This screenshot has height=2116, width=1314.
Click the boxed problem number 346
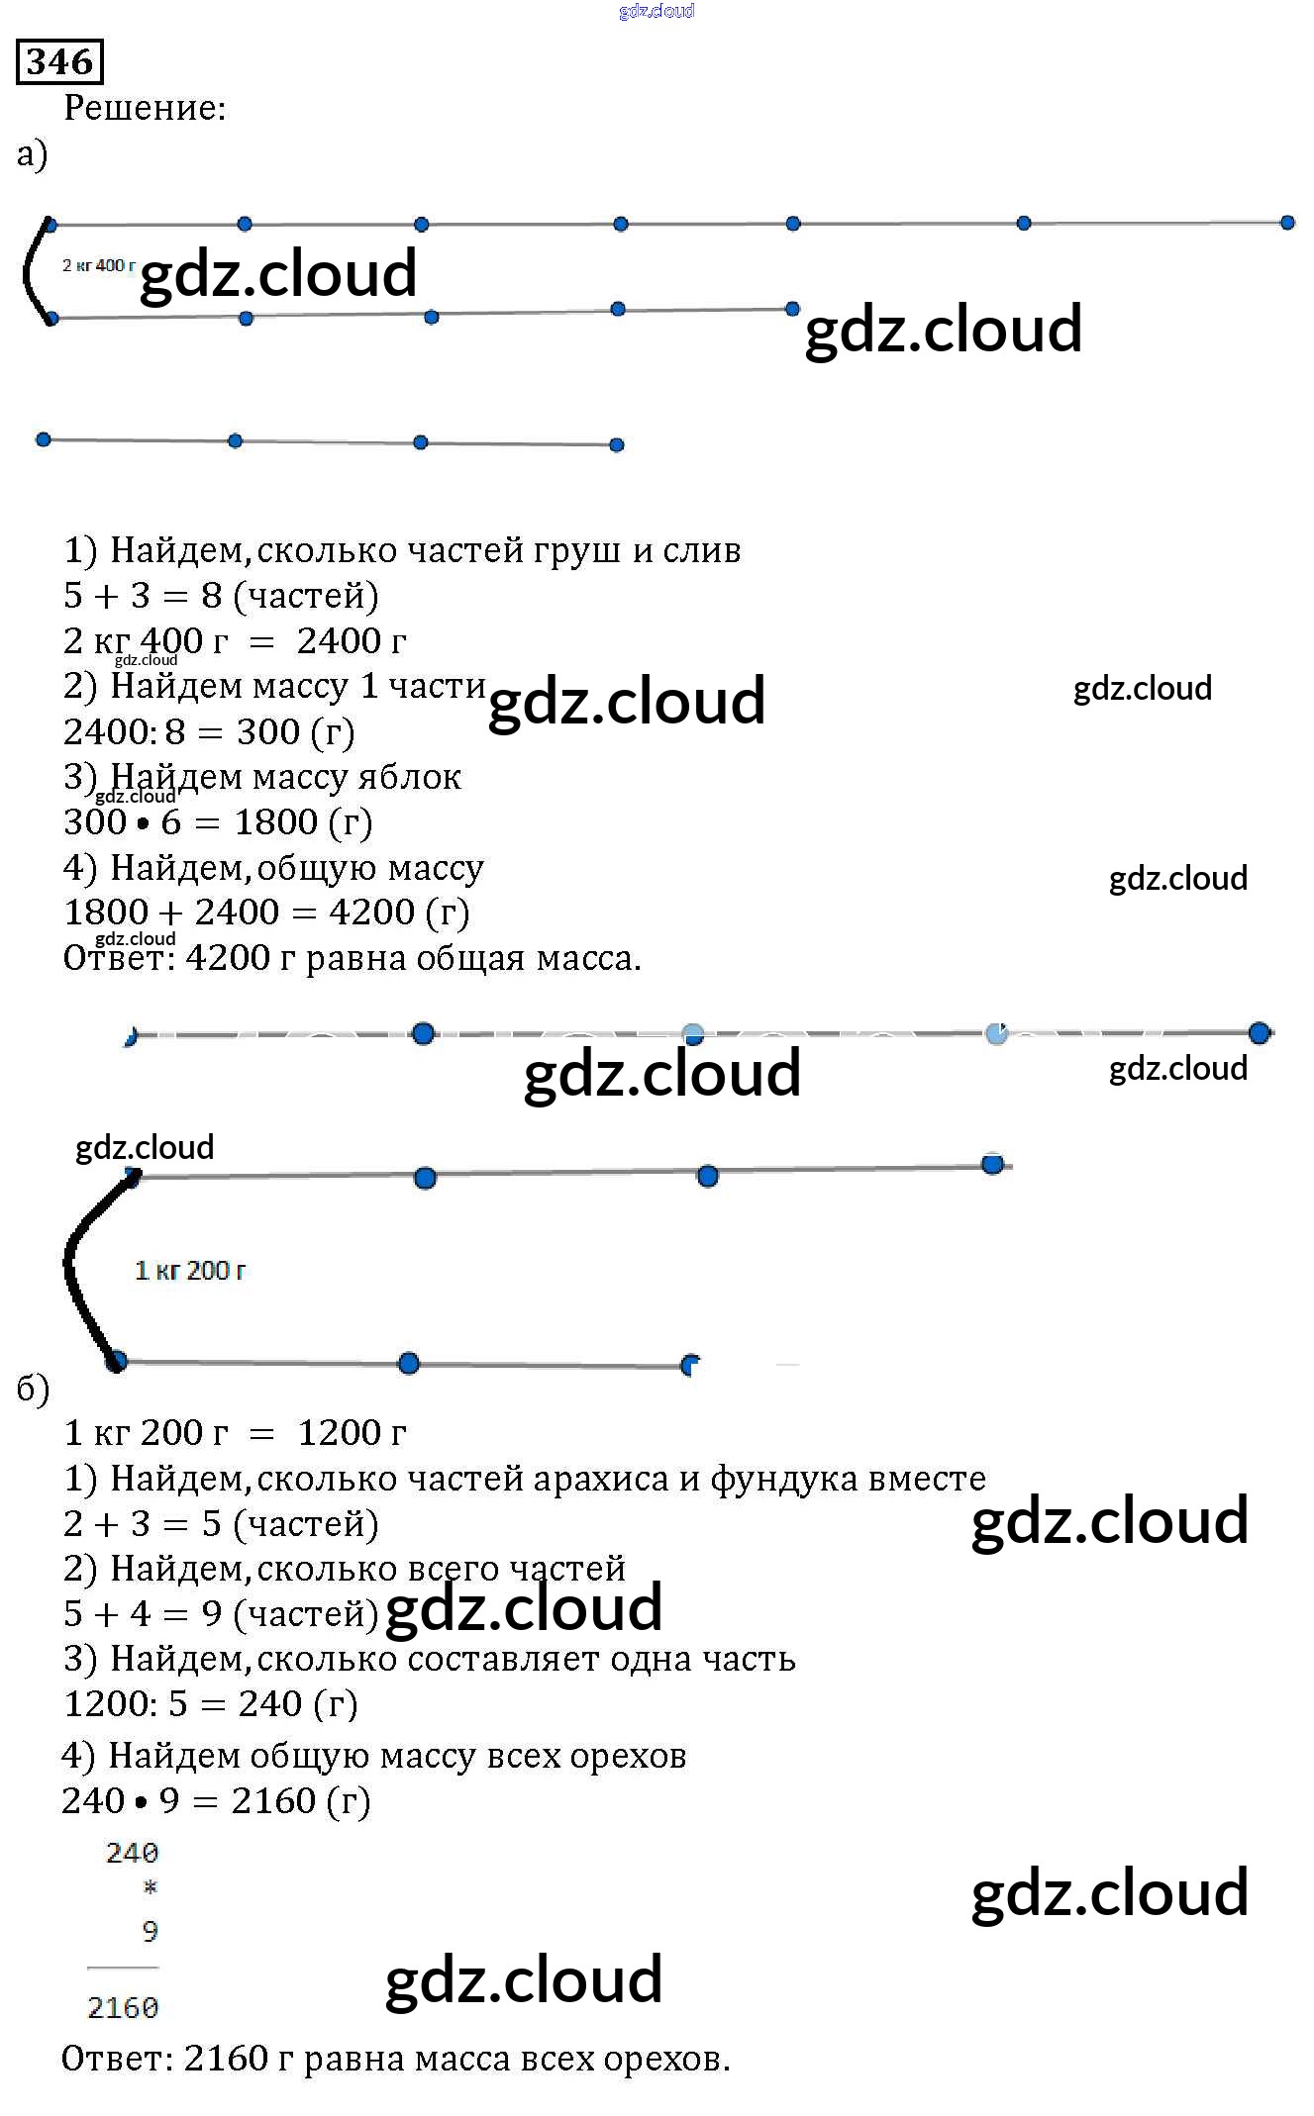59,61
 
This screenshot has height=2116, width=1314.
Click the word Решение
144,108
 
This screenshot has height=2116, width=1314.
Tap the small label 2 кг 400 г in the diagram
98,265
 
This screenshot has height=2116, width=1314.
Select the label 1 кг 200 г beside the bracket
189,1270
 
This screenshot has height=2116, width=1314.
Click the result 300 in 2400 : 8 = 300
267,731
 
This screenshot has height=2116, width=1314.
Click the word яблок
409,777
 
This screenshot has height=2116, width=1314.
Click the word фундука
783,1478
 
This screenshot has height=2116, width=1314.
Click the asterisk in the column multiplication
150,1887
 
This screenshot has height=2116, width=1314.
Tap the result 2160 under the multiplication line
123,2007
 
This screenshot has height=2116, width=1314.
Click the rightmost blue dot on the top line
1287,223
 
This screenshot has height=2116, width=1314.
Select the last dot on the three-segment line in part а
616,444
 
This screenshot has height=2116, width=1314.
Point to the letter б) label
33,1389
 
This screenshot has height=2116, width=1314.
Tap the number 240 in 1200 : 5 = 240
269,1703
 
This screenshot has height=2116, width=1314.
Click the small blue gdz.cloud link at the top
656,11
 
